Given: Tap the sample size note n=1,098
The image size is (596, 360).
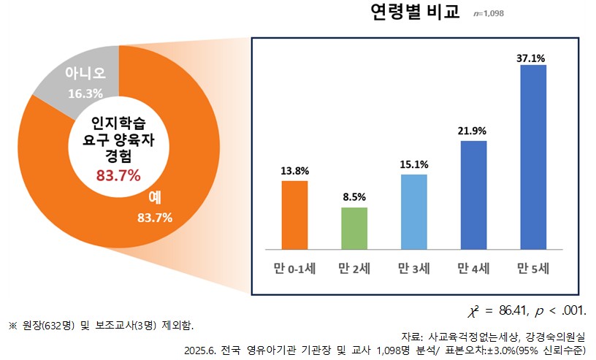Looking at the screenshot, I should (x=489, y=13).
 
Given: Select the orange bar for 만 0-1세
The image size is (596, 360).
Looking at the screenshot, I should (x=294, y=214).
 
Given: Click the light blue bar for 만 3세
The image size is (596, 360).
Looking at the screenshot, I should (x=413, y=211).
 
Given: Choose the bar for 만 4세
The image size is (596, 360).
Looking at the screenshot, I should (x=473, y=194).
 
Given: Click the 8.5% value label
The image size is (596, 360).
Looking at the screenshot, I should (x=354, y=197).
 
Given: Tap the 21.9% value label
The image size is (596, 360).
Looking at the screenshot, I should (x=473, y=131).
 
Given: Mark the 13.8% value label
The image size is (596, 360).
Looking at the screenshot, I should (x=294, y=170).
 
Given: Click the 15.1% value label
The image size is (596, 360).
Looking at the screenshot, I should (x=413, y=164).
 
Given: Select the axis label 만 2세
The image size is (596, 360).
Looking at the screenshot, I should (x=354, y=268).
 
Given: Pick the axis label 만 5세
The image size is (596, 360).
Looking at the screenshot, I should (x=533, y=268).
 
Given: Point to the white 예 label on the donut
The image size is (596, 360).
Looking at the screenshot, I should (x=155, y=197).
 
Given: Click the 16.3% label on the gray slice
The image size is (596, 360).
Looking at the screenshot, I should (x=85, y=93).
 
